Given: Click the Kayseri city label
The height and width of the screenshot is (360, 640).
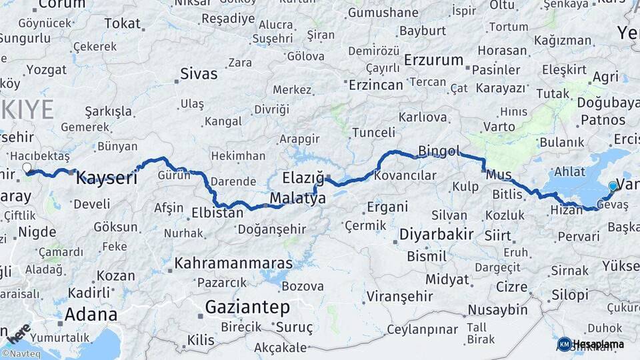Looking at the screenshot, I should (107, 178).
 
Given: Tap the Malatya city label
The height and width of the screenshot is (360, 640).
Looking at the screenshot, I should (297, 199).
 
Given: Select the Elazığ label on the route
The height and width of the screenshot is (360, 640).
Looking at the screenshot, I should (303, 178).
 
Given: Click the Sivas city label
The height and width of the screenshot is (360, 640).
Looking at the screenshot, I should (200, 73).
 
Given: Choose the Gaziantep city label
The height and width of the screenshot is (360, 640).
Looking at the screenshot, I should (247, 307).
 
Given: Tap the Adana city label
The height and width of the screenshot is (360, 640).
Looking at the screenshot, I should (91, 314).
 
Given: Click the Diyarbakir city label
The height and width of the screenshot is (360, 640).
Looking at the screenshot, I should (437, 235).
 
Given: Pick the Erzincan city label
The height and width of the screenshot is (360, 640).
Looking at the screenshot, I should (377, 85).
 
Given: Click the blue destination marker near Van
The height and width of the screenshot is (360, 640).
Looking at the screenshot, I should (613, 186).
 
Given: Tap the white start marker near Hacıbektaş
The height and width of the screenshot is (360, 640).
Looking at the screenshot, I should (27, 168).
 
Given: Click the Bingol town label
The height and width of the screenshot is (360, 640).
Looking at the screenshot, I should (439, 151).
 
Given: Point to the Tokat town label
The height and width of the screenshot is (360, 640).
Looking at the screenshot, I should (123, 23).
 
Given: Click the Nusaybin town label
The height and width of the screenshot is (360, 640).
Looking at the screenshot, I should (497, 310).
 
